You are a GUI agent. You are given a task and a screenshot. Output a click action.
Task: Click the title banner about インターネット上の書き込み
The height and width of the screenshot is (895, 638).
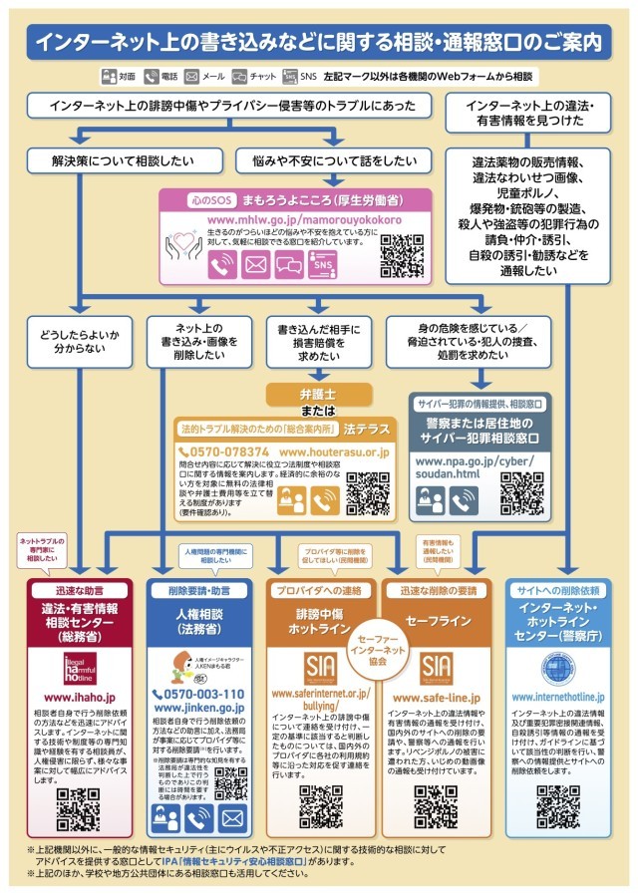coord(319,42)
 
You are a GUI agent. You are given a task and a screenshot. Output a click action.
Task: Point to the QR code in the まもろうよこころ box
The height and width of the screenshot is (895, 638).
coord(402,254)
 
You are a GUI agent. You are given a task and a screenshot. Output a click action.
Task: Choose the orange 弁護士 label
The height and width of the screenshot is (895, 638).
coord(319,393)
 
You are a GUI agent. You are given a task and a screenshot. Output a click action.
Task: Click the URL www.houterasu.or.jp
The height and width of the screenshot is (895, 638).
coord(335,451)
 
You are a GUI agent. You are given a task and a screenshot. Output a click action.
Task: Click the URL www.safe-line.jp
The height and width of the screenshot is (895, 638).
coord(437,698)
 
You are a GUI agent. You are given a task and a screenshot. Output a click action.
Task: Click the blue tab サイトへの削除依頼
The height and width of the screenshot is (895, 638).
coord(557,589)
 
